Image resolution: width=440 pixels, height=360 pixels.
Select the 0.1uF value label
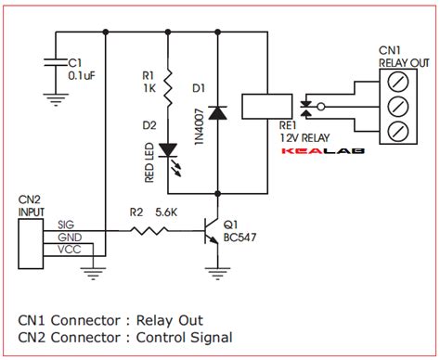[84, 77]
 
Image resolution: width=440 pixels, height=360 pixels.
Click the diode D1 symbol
[217, 112]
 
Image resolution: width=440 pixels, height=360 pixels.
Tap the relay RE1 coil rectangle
[259, 107]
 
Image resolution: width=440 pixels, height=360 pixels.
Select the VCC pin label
[68, 249]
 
